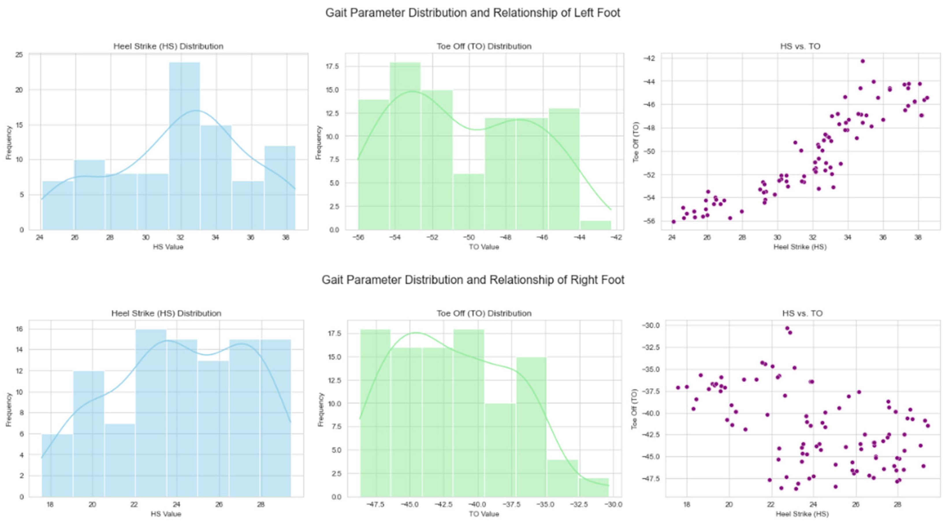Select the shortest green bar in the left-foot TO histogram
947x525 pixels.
(x=596, y=225)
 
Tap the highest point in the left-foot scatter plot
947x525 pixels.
(x=862, y=61)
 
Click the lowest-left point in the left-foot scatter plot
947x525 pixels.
(x=673, y=222)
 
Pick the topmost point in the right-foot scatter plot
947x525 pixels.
(x=787, y=328)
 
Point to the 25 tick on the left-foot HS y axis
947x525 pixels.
(x=19, y=55)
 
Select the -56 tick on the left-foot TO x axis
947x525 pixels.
(x=358, y=238)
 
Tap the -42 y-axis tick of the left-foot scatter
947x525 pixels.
(x=652, y=58)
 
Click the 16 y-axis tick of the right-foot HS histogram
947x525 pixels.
(x=19, y=329)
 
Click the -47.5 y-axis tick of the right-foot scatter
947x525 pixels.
(x=650, y=479)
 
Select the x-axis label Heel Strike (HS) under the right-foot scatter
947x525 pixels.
(x=802, y=514)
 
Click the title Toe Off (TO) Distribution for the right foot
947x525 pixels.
(x=484, y=313)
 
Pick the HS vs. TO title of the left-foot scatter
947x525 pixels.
(x=800, y=46)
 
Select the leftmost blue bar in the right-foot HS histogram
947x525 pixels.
(x=57, y=465)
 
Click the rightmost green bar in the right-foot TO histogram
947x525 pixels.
(x=594, y=487)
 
